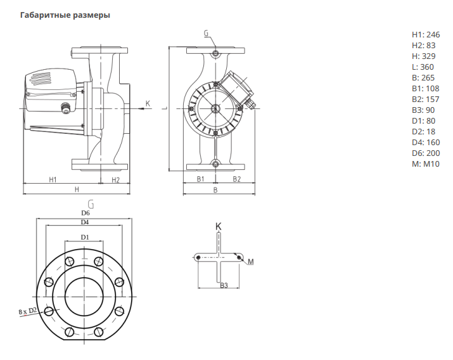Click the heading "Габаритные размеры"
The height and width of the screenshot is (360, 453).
point(65,15)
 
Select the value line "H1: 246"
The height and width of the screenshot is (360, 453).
point(426,35)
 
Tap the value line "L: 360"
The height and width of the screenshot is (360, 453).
point(423,67)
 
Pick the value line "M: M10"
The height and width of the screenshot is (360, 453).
point(426,164)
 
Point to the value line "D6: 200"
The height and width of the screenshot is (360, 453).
point(426,153)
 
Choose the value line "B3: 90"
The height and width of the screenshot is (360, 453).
point(423,110)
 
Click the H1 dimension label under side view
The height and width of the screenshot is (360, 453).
point(53,180)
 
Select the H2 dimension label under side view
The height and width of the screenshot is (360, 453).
point(115,180)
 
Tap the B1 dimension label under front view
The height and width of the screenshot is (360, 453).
point(200,179)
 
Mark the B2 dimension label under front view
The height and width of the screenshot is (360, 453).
point(236,179)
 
